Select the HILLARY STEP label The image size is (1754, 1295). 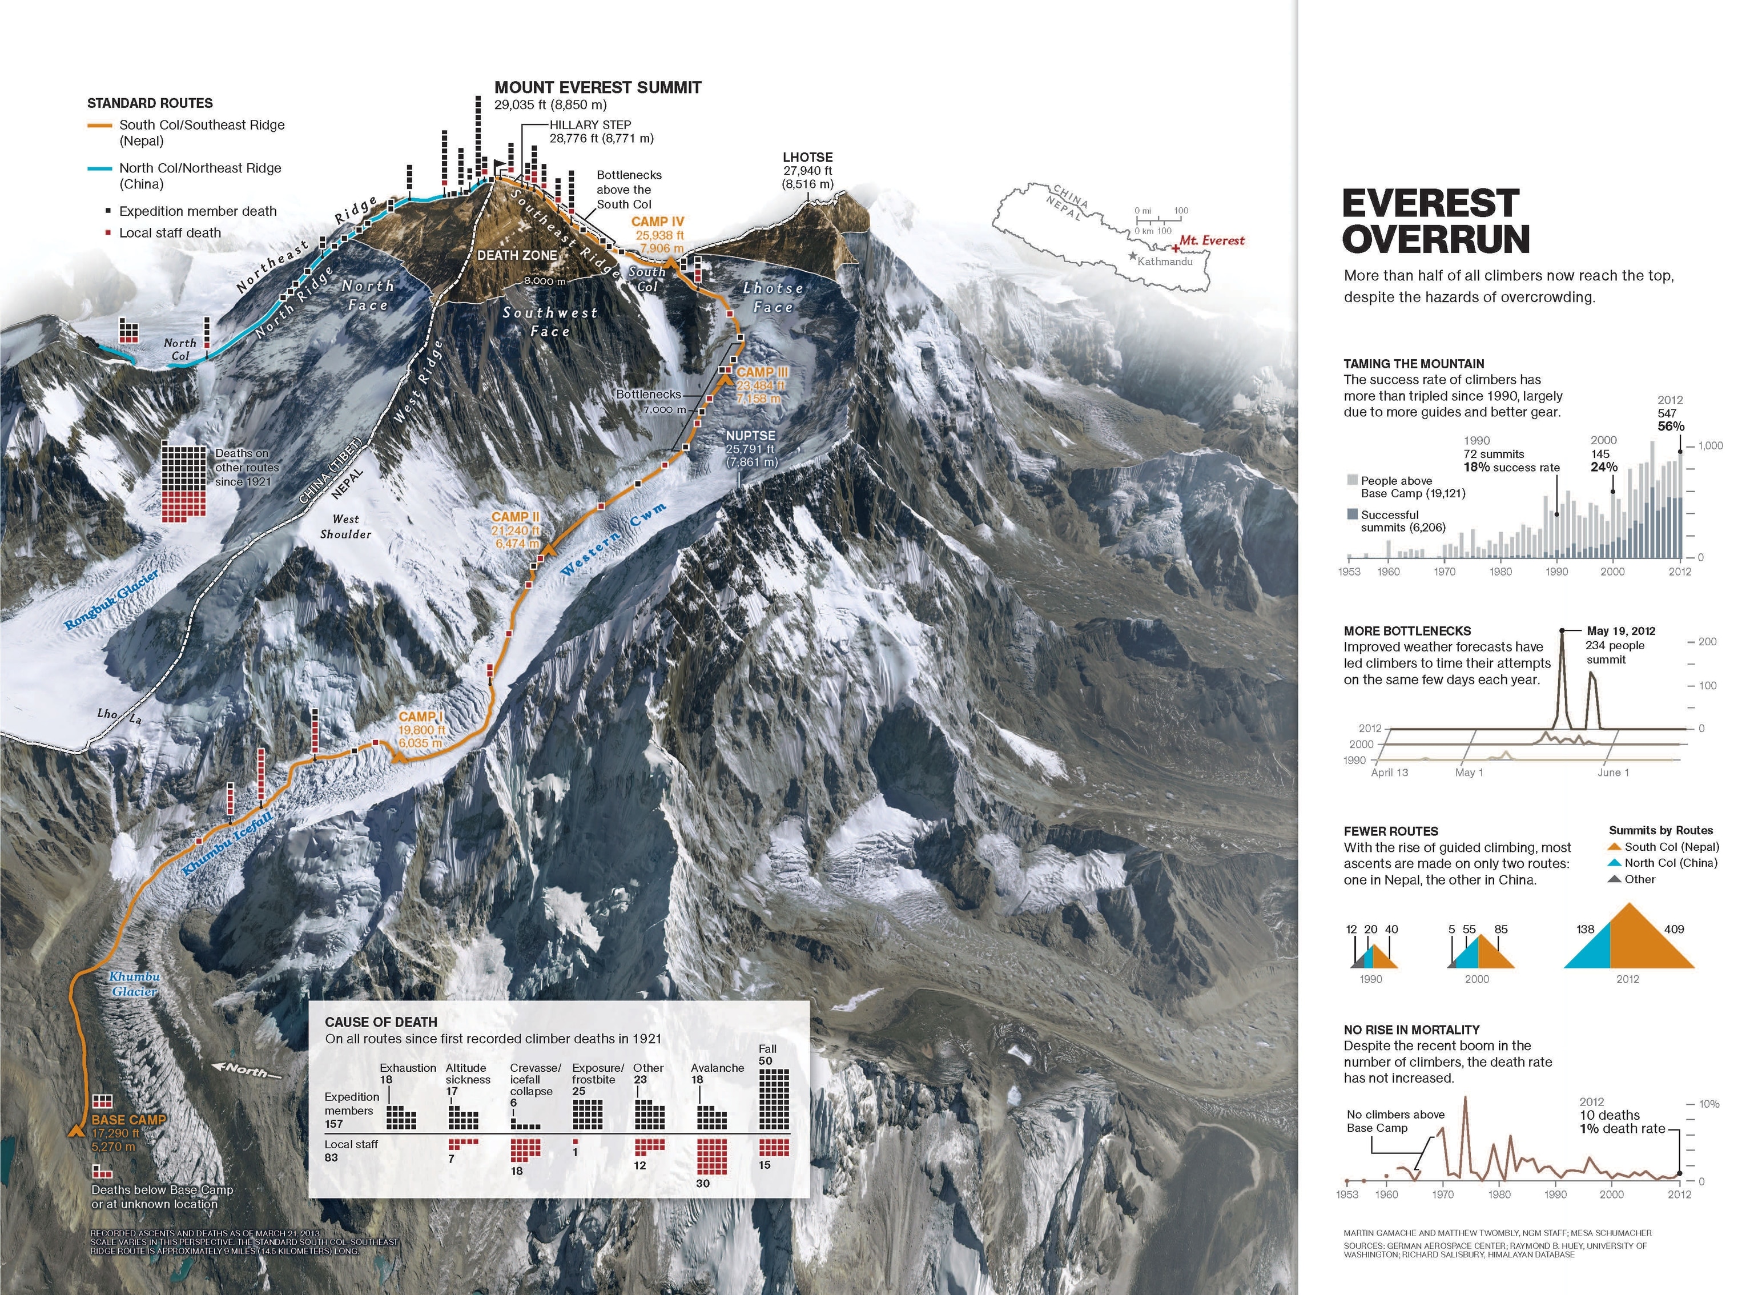(x=590, y=124)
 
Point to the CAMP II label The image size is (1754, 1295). (x=515, y=517)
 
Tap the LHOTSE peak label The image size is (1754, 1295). (x=807, y=158)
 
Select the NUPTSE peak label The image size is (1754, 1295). (x=750, y=436)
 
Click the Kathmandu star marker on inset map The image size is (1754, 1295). (x=1132, y=256)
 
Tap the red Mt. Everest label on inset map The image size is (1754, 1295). (x=1212, y=240)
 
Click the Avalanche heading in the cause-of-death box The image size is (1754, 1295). (x=717, y=1068)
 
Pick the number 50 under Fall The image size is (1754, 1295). (x=765, y=1061)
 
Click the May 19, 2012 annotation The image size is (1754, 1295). (x=1621, y=631)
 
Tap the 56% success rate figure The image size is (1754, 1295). (x=1670, y=427)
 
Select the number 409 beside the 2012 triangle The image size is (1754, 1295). (x=1673, y=929)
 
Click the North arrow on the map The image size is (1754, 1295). (x=247, y=1071)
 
